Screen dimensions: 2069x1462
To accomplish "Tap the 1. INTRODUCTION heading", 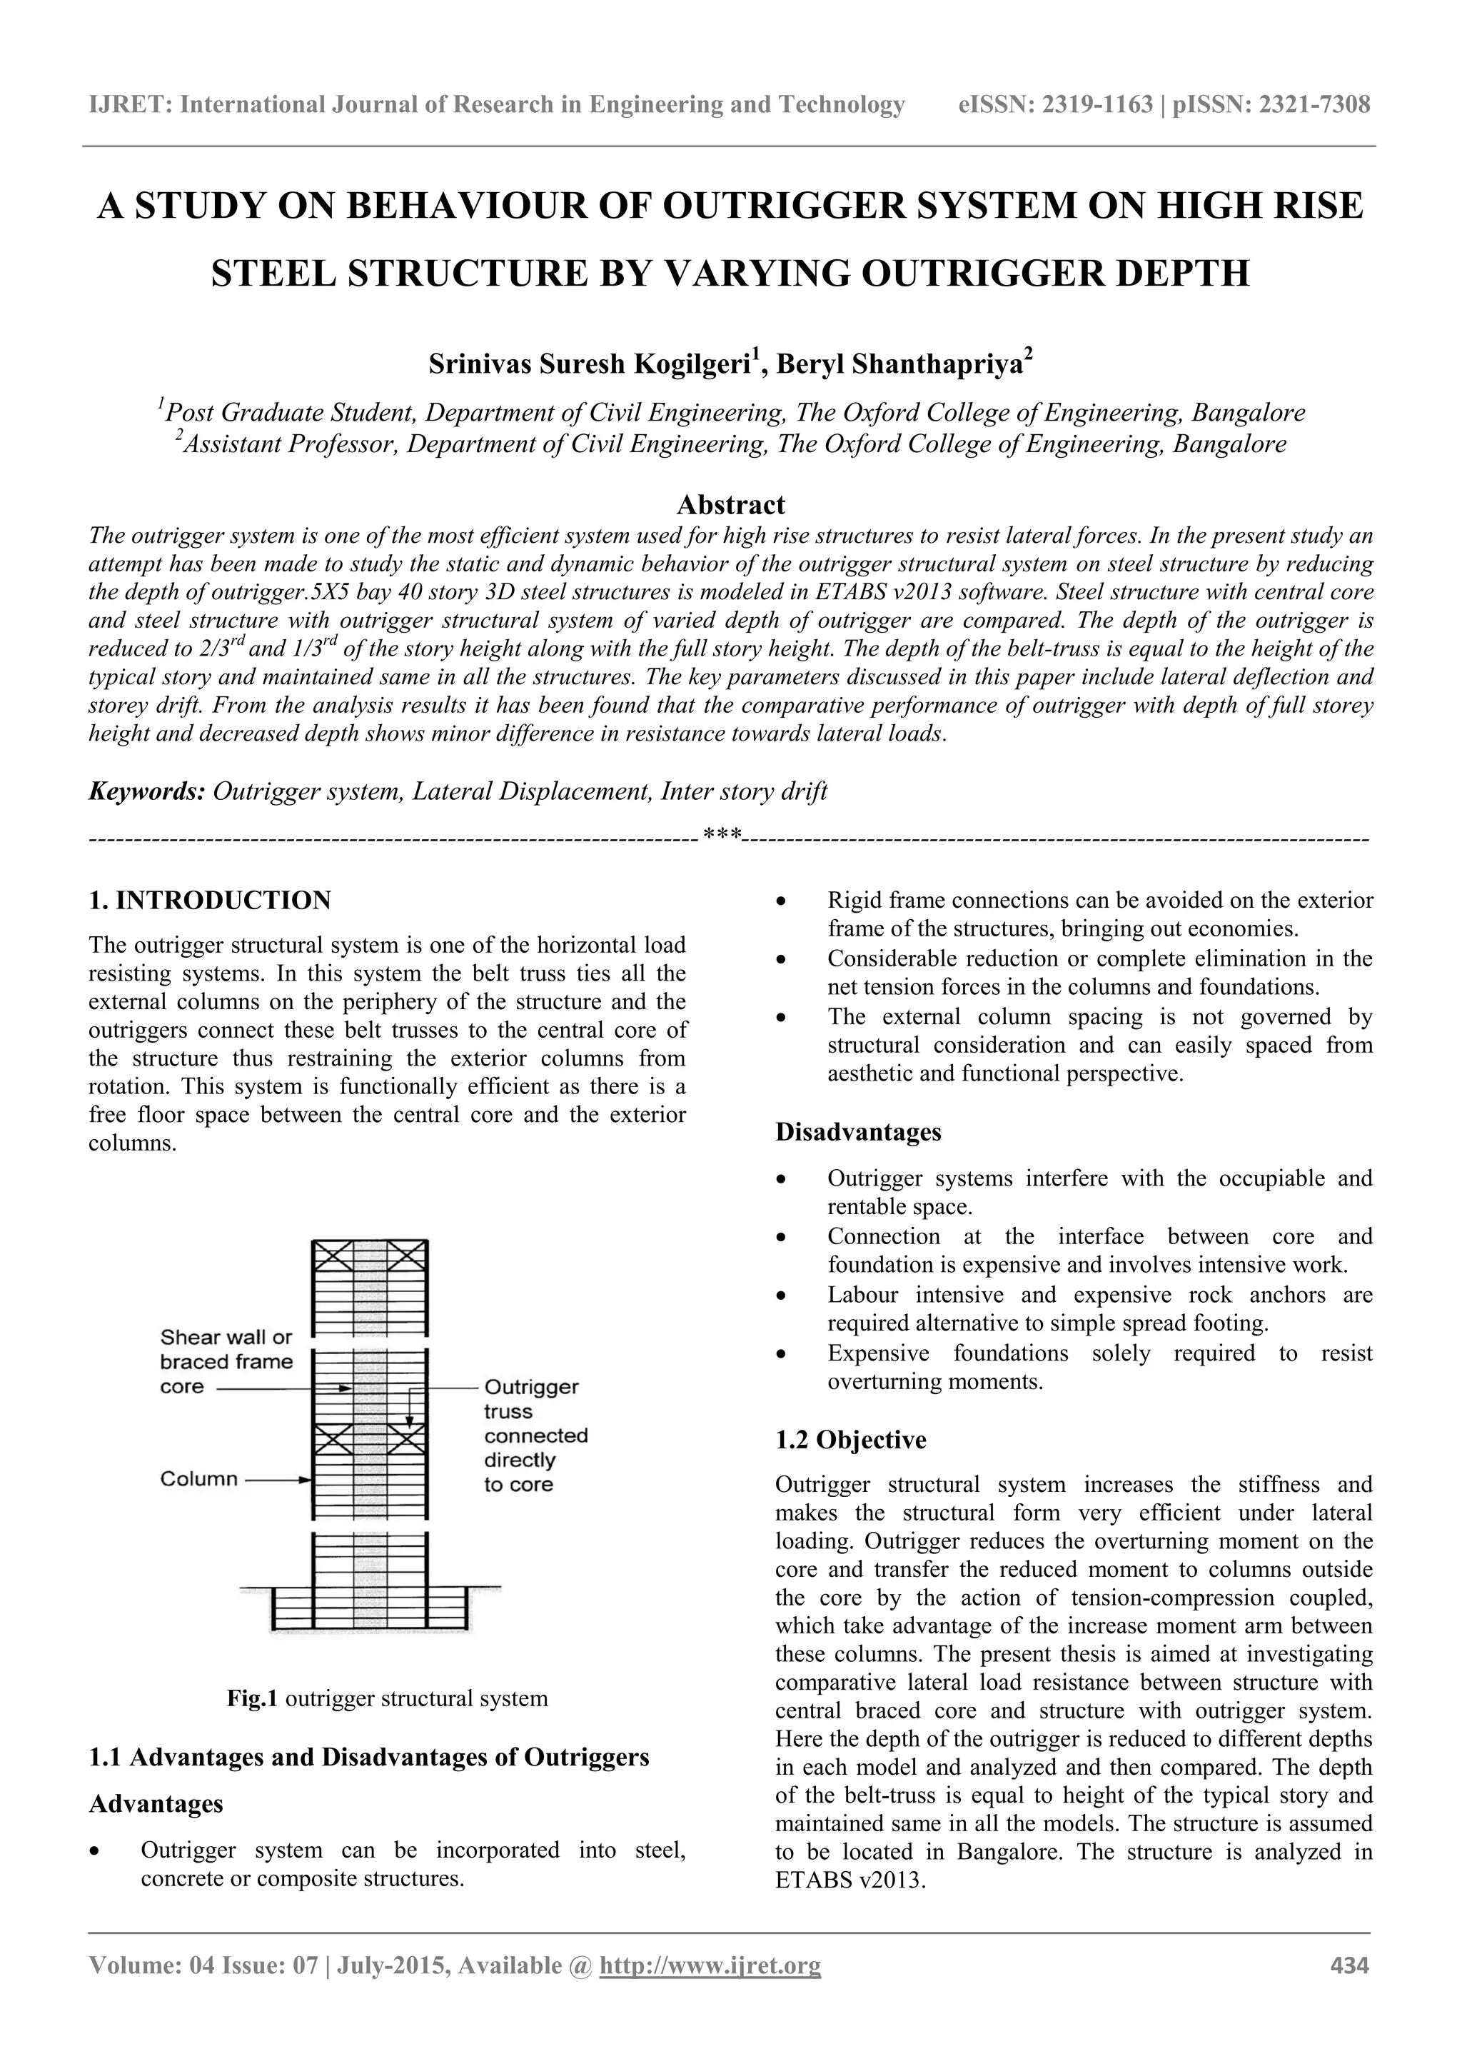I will coord(210,900).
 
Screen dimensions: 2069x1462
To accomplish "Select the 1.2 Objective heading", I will coord(850,1439).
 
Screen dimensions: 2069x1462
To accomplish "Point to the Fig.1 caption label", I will coord(253,1698).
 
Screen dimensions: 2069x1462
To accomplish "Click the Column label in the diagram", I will coord(198,1479).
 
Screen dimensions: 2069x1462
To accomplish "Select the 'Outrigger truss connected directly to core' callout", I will coord(535,1436).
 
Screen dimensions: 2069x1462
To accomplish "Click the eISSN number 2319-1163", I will coord(1097,106).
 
